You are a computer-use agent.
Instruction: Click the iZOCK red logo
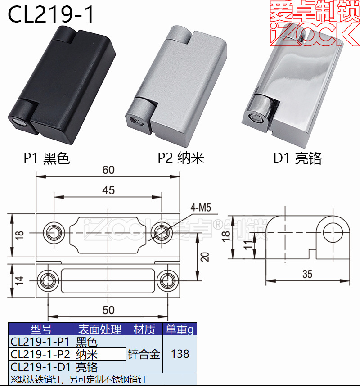tap(314, 23)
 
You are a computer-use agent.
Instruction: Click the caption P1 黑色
tap(47, 158)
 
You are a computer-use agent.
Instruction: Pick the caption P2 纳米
tap(181, 158)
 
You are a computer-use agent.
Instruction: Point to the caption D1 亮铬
tap(297, 158)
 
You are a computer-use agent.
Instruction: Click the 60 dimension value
tap(108, 170)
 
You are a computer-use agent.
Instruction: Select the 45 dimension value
tap(108, 190)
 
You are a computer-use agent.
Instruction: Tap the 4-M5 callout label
tap(201, 208)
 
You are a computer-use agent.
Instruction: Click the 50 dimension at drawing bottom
tap(108, 310)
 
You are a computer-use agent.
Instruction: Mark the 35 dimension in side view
tap(307, 274)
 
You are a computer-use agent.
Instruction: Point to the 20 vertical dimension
tap(205, 257)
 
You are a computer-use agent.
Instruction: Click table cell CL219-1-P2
tap(40, 354)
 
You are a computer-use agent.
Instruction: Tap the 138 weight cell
tap(180, 354)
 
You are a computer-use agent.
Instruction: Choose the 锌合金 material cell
tap(144, 354)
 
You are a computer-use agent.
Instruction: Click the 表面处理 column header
tap(99, 329)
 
